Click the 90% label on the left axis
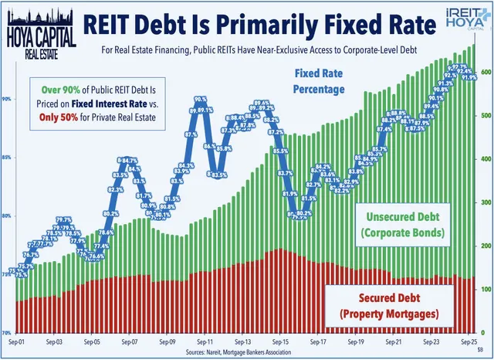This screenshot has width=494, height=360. point(6,100)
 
